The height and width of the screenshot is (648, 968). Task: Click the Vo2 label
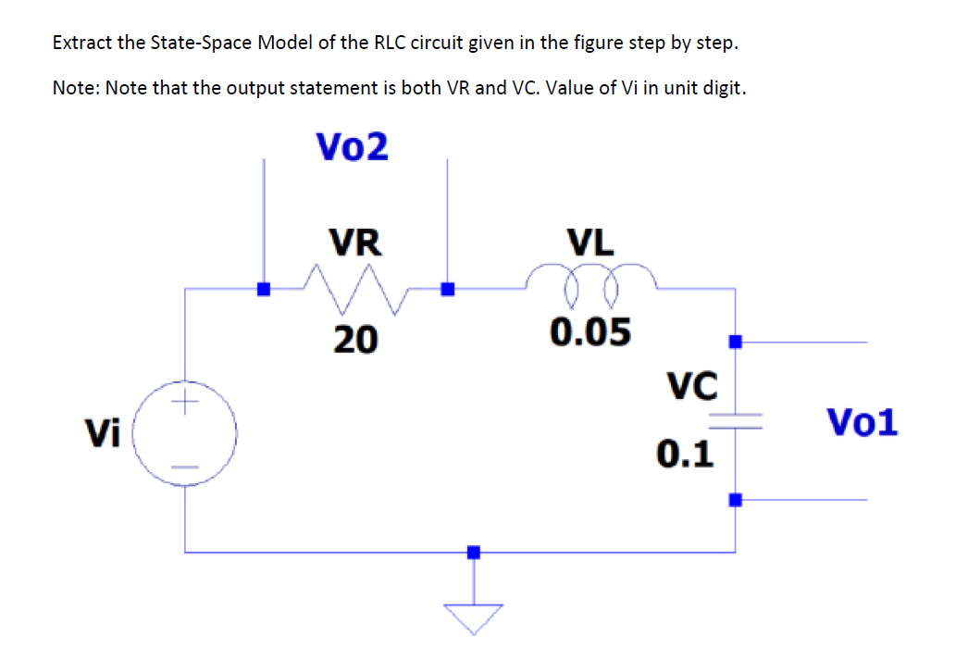(352, 146)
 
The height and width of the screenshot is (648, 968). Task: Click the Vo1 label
(862, 422)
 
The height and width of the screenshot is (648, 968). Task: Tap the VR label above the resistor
(356, 243)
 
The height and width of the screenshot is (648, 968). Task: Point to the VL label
(590, 243)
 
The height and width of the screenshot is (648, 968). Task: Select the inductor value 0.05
(590, 331)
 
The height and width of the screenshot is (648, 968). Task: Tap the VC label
(691, 386)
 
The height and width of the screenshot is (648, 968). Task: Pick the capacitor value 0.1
(685, 454)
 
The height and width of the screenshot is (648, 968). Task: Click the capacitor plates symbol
(735, 422)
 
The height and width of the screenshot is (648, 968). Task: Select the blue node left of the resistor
(264, 289)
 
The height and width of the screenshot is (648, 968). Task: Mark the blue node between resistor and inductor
(448, 289)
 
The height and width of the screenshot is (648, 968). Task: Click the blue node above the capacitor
(735, 342)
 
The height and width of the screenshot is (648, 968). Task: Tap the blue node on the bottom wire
(474, 552)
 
